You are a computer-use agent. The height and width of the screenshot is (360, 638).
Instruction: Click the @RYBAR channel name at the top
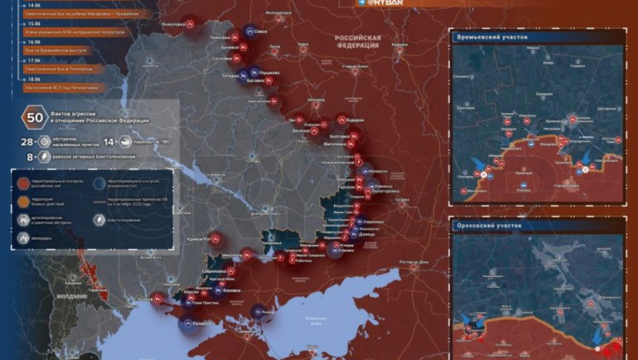387,3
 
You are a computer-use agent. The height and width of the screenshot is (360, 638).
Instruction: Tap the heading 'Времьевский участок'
491,37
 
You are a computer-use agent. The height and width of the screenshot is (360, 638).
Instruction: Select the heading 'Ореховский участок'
488,225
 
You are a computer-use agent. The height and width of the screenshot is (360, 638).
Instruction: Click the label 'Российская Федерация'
357,42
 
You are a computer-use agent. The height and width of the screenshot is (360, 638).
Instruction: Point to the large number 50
34,117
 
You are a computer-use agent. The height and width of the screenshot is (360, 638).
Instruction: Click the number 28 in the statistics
27,141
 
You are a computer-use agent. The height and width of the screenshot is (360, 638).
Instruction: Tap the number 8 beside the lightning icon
29,157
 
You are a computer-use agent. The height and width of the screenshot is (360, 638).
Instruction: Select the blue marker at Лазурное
188,321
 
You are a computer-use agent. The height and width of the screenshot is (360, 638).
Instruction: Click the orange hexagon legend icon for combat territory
23,201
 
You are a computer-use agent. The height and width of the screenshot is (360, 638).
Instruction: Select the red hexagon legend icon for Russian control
23,182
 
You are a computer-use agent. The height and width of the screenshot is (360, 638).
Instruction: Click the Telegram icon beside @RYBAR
360,3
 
